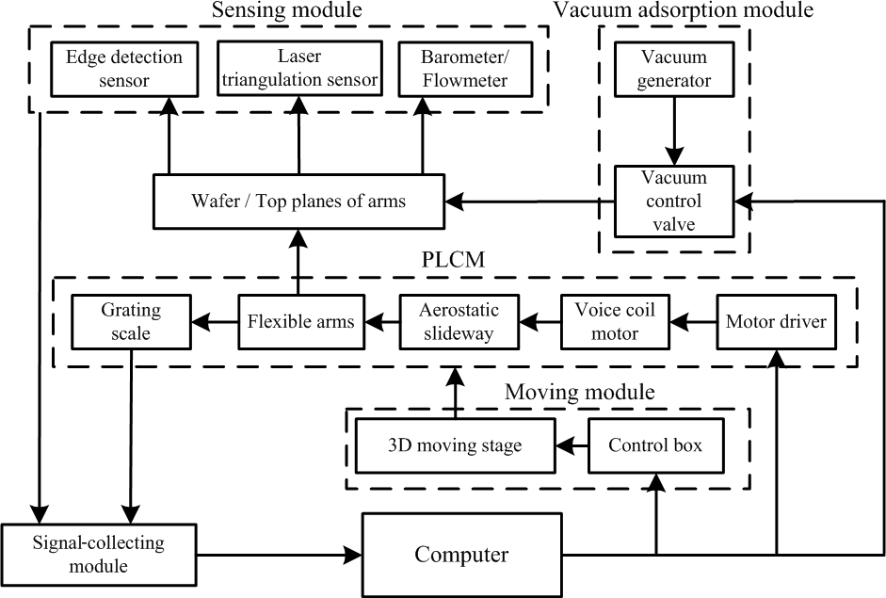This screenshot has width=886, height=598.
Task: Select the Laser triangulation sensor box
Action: (299, 69)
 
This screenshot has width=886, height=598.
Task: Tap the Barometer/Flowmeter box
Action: (465, 69)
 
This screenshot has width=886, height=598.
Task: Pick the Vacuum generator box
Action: (674, 69)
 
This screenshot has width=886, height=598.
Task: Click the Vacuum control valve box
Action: (674, 201)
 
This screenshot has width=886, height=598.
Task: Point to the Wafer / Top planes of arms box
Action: (298, 201)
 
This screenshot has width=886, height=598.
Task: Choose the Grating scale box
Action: (131, 321)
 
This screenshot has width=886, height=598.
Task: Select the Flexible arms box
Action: (301, 321)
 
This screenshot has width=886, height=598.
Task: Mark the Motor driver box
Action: (776, 321)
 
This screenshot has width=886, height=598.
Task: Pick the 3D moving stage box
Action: (454, 445)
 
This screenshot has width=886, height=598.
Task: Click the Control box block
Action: (655, 445)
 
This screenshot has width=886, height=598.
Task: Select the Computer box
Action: (461, 553)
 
